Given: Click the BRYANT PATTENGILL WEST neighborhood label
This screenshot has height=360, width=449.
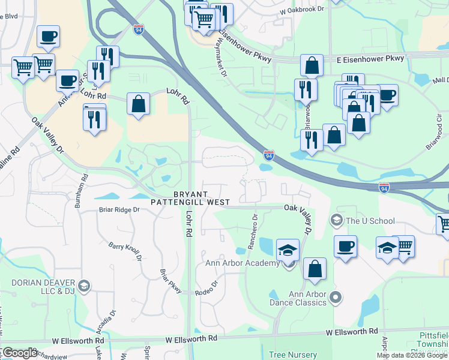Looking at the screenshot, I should tap(192, 199).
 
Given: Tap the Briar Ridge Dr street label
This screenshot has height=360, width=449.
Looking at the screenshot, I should tap(119, 210).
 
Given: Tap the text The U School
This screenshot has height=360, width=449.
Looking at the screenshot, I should tap(370, 221).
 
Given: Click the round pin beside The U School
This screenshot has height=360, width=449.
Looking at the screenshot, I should tap(336, 221).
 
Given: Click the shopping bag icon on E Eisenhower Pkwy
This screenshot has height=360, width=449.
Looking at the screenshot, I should tap(312, 65).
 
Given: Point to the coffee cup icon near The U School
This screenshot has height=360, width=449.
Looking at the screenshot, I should tap(345, 246).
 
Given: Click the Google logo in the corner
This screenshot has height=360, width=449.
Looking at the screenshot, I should tap(19, 353).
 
